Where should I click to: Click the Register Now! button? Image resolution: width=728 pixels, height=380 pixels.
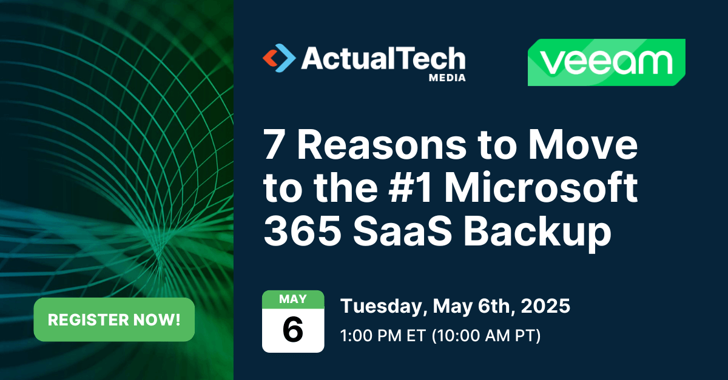point(114,319)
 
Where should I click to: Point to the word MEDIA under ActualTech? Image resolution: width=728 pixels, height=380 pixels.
point(447,78)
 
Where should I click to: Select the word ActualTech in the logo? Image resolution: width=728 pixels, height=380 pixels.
point(383,59)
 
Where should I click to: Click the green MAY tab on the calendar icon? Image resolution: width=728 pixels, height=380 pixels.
point(293,299)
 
